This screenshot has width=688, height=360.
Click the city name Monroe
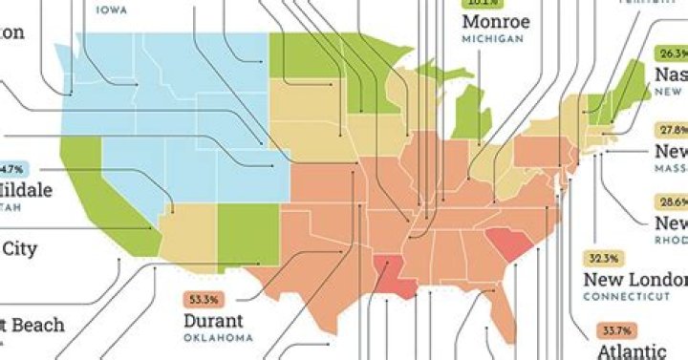coord(496,22)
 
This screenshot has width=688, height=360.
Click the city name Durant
coord(213,320)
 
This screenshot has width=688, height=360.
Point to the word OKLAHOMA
coord(218,338)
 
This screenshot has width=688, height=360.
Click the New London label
coord(634,280)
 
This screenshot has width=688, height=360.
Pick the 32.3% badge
coord(603,259)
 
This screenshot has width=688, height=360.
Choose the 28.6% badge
coord(672,202)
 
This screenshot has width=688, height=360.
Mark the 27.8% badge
coord(672,130)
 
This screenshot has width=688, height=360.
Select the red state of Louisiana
coord(393,276)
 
